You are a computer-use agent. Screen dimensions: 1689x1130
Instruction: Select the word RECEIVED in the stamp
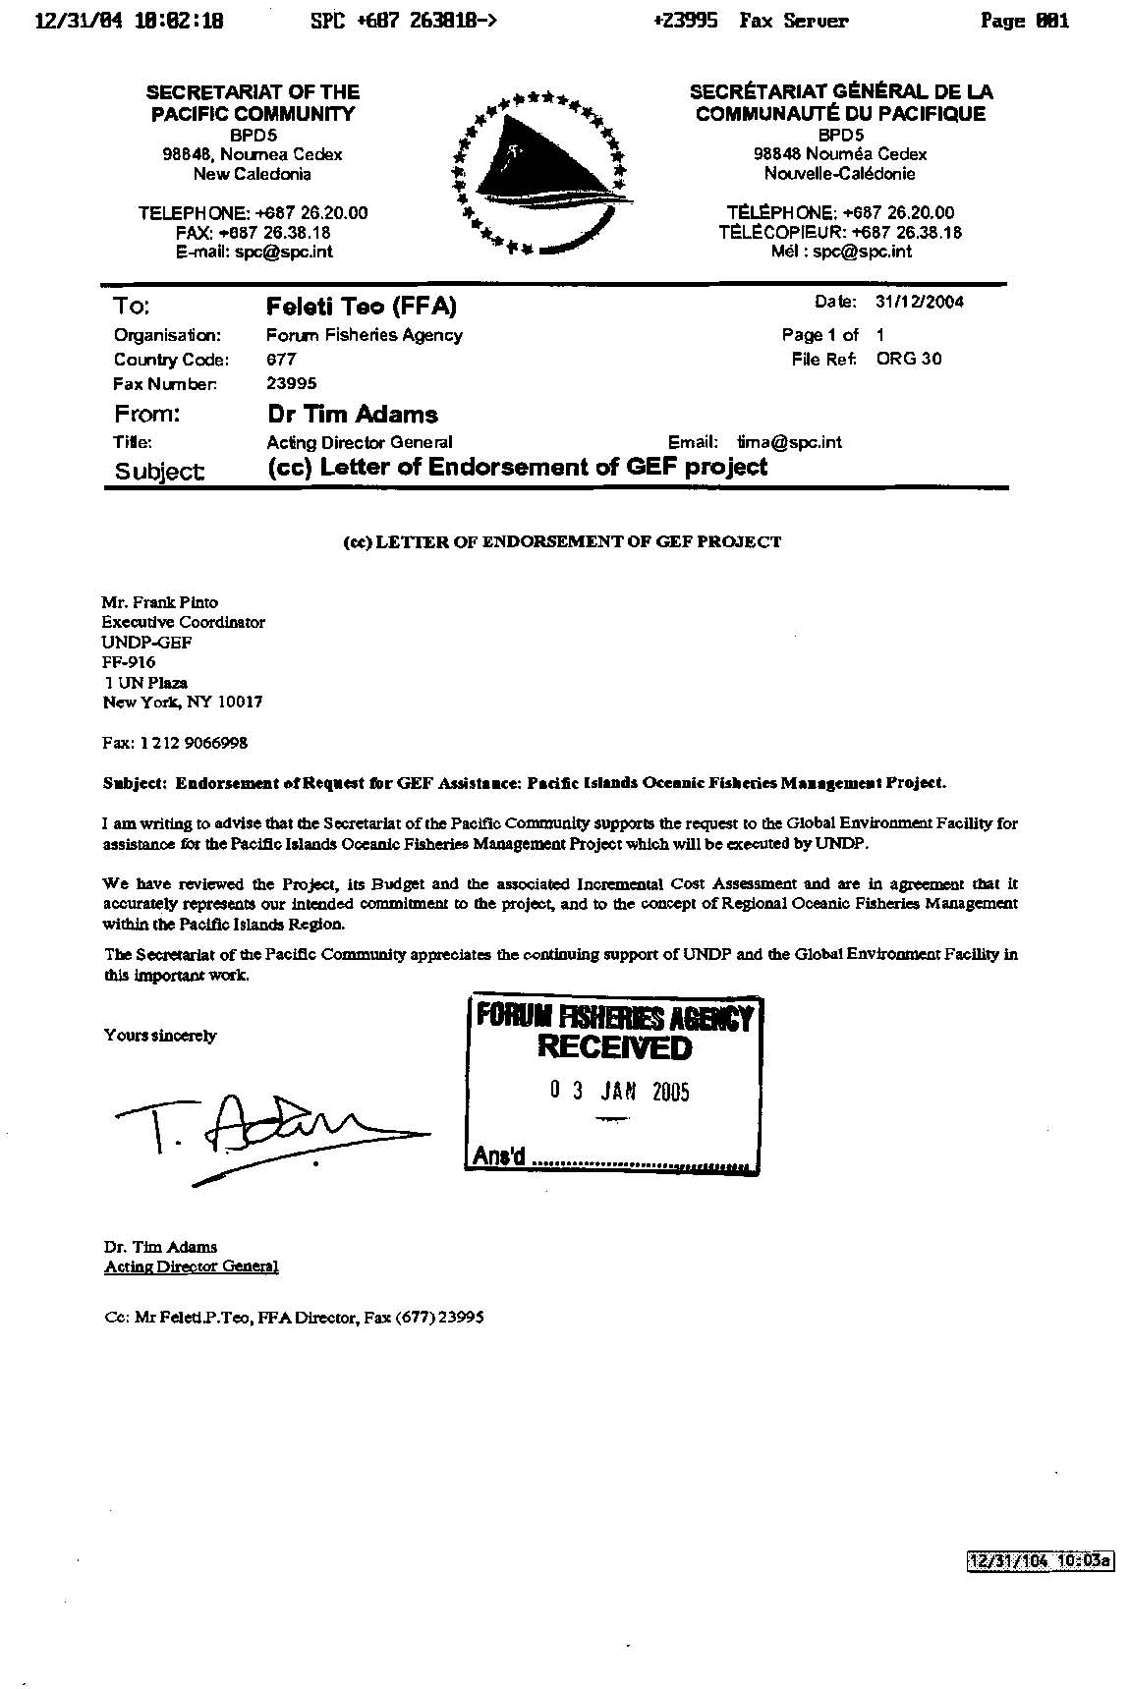(x=614, y=1047)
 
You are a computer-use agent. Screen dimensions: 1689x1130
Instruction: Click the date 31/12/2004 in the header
(x=919, y=303)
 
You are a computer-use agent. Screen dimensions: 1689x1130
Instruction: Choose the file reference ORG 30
(x=909, y=359)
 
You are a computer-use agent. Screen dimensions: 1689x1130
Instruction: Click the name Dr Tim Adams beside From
(x=353, y=415)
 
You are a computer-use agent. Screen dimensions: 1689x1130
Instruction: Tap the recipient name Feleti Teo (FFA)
(x=362, y=307)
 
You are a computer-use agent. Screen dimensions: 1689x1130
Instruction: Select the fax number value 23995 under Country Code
(x=292, y=384)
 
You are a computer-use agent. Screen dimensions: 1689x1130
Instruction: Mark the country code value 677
(x=281, y=360)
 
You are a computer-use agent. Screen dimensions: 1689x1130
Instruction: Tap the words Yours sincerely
(x=160, y=1036)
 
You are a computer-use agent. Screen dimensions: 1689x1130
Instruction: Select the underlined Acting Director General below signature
(x=192, y=1267)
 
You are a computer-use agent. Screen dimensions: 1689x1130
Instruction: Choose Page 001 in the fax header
(x=1025, y=21)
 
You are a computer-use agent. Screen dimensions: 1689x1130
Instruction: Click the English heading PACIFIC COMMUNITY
(x=253, y=114)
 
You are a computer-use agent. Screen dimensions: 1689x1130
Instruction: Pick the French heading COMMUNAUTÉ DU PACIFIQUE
(x=840, y=114)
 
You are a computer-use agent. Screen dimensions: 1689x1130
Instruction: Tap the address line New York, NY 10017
(x=183, y=703)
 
